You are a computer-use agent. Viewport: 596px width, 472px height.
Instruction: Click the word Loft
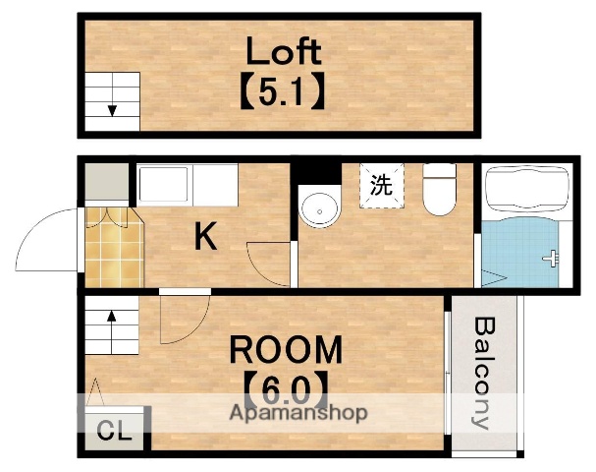tap(283, 50)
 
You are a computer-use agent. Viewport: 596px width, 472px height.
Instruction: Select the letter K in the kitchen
tap(204, 236)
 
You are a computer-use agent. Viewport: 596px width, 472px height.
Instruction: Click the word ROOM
tap(287, 350)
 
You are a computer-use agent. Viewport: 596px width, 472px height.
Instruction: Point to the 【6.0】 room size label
tap(286, 391)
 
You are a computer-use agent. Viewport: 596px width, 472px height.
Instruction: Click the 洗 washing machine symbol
tap(380, 184)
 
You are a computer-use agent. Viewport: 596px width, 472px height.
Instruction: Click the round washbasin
tap(318, 207)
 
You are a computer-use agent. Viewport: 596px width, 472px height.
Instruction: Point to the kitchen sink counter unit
tap(187, 184)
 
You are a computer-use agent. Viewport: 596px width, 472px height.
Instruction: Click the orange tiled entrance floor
tap(112, 246)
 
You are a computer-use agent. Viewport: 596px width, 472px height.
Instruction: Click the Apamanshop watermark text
tap(298, 413)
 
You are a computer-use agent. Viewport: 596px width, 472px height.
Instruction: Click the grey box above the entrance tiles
tap(106, 183)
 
